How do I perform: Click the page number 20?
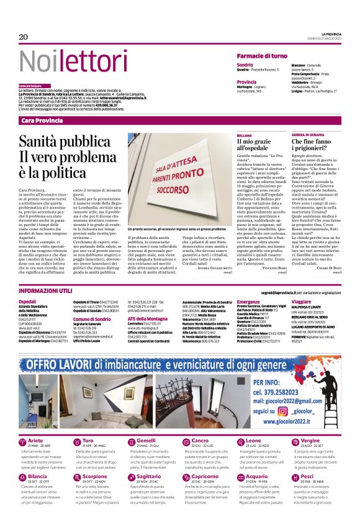pyautogui.click(x=24, y=37)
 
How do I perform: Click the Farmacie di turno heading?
pyautogui.click(x=261, y=56)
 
